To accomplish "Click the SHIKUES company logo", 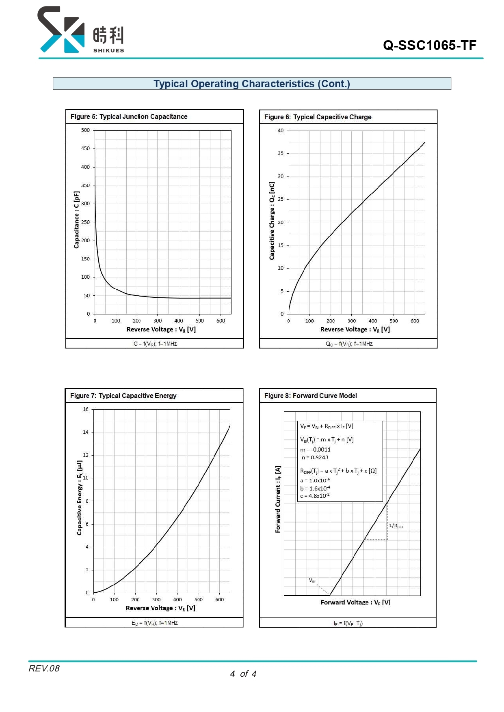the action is tap(81, 30).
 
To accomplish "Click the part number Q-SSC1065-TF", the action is tap(429, 45).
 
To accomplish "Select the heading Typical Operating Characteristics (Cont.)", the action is tap(251, 84).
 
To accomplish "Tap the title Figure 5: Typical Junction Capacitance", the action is tap(129, 116).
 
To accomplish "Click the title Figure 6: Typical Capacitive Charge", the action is tap(318, 117).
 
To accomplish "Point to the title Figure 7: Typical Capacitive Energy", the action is tap(123, 396).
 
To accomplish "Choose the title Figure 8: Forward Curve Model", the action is tap(310, 396).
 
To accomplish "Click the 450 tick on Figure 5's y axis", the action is tap(85, 148).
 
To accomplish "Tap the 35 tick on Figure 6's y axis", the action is tap(281, 153).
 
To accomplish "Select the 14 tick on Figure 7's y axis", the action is tap(86, 432).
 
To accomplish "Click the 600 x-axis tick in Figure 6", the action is tap(415, 321).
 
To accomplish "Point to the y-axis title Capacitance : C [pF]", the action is tap(76, 220).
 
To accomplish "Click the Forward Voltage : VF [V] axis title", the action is tap(355, 602).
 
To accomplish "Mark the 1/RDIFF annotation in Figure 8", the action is tap(396, 526).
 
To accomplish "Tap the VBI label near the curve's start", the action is tap(312, 581).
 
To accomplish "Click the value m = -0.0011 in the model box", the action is tap(315, 450).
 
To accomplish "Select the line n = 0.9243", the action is tap(315, 457).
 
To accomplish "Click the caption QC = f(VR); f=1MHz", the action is tap(349, 344).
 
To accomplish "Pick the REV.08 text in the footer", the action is tap(44, 668).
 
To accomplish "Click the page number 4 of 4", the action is tap(243, 674).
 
